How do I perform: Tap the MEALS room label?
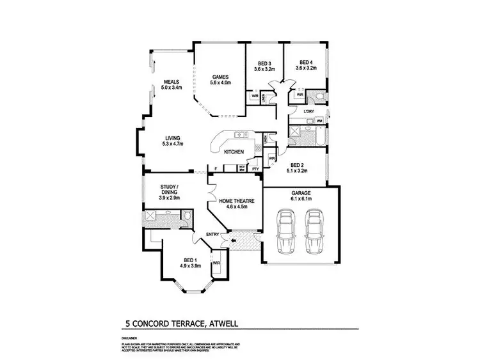[171, 82]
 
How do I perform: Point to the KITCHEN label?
[233, 152]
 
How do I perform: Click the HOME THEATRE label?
[233, 200]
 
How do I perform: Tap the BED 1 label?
[189, 259]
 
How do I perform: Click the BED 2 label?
[296, 165]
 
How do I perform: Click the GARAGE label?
[300, 192]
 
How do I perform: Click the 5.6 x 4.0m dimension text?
[220, 82]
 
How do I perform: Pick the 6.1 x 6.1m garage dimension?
[300, 199]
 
